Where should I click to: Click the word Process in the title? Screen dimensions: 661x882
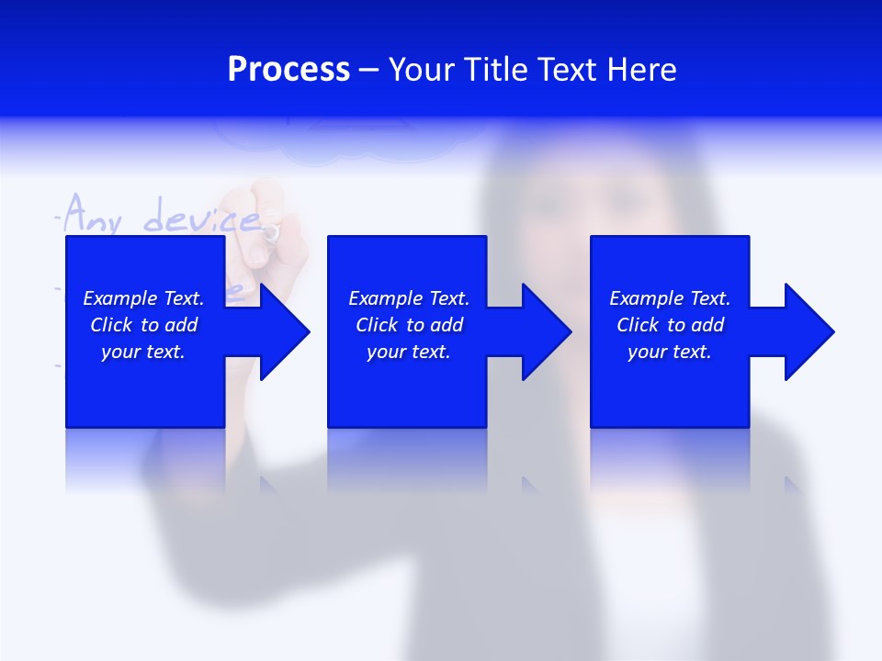pyautogui.click(x=288, y=70)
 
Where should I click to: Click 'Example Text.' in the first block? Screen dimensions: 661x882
pyautogui.click(x=143, y=298)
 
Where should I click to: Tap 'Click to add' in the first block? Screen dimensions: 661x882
pyautogui.click(x=143, y=325)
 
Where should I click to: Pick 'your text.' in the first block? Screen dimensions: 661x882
pyautogui.click(x=143, y=352)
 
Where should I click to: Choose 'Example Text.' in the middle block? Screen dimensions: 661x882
pyautogui.click(x=409, y=298)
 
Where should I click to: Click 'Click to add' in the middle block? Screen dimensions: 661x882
pyautogui.click(x=409, y=325)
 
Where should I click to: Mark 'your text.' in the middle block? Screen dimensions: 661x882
pyautogui.click(x=409, y=352)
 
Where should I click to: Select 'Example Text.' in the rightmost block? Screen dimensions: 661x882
pyautogui.click(x=670, y=298)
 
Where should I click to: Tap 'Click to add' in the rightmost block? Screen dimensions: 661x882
pyautogui.click(x=670, y=325)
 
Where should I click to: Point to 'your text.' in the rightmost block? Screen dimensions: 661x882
pyautogui.click(x=670, y=352)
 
